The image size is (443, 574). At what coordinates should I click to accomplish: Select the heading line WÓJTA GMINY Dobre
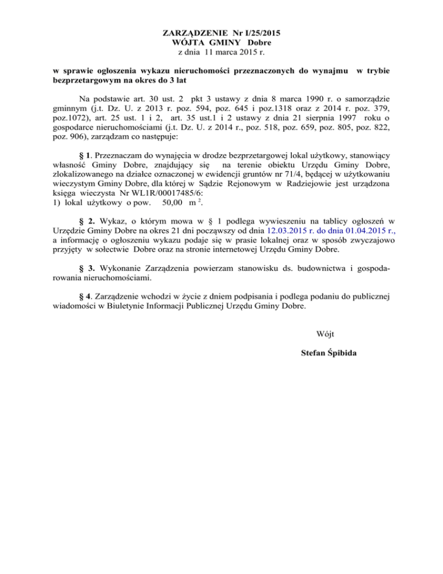click(x=221, y=43)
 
